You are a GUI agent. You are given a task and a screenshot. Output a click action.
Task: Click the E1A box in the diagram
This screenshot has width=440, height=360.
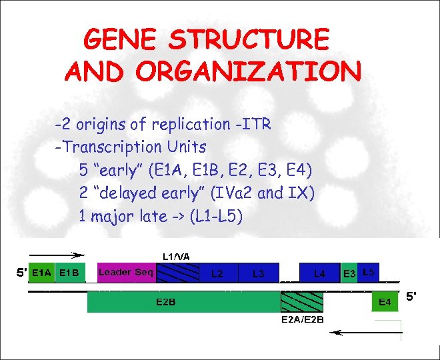click(x=42, y=272)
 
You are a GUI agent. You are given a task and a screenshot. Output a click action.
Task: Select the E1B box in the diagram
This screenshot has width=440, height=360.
click(x=70, y=272)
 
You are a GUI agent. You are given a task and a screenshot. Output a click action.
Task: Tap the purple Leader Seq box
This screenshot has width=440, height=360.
click(x=126, y=272)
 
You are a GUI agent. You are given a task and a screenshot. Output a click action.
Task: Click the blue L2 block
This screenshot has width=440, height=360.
click(x=217, y=273)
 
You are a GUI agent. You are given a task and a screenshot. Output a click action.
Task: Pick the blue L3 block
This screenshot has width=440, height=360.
click(x=259, y=273)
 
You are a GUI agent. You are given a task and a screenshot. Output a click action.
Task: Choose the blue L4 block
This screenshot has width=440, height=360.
click(x=320, y=273)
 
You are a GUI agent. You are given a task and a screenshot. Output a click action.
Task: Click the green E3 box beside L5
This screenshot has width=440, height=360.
click(x=349, y=273)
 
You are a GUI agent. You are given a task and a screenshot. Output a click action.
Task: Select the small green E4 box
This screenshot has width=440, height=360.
click(x=385, y=302)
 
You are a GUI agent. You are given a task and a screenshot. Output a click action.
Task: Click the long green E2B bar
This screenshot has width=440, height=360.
click(x=183, y=302)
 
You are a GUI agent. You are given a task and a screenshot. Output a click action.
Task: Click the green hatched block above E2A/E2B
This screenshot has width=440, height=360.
click(x=302, y=302)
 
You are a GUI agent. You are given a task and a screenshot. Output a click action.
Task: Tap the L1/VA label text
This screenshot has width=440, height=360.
click(x=176, y=255)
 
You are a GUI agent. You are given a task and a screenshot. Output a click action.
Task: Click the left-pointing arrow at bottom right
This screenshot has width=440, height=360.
click(x=367, y=331)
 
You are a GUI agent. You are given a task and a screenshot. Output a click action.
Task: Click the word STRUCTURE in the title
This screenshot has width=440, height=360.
click(x=249, y=40)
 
